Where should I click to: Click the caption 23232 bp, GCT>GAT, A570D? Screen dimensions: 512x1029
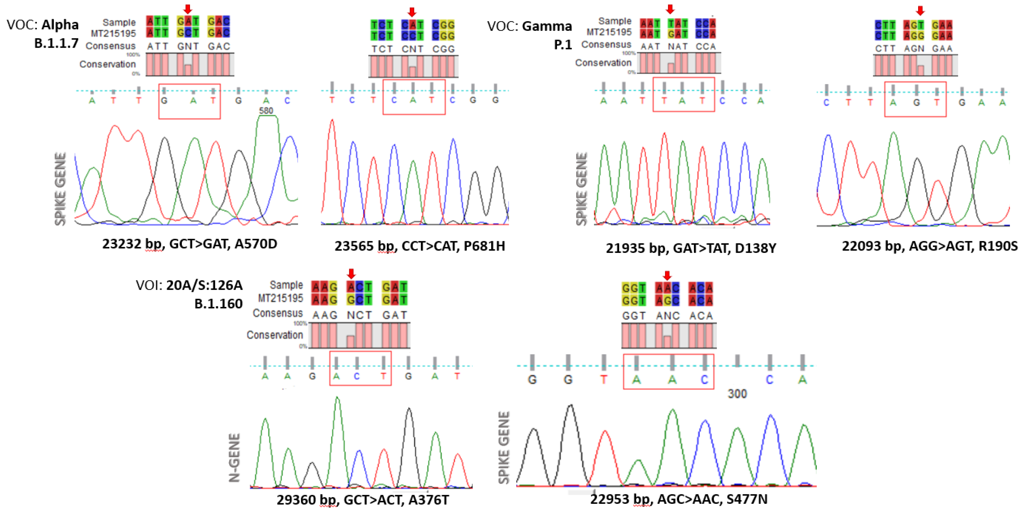pos(189,244)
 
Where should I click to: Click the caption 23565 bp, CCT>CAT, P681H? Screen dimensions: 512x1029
pos(419,246)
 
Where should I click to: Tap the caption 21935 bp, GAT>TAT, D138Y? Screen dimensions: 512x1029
pos(691,248)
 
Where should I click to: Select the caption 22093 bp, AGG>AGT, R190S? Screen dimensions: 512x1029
pos(929,246)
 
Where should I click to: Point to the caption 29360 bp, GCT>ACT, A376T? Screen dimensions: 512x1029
pos(363,500)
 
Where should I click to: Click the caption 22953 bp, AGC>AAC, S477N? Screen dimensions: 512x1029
pos(679,499)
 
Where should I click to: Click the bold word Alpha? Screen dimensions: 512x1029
pos(60,25)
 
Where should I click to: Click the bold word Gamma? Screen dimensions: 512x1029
pos(547,26)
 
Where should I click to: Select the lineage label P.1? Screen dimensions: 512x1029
pos(563,45)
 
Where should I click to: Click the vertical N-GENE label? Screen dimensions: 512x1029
pos(235,458)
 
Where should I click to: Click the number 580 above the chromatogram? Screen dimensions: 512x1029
pos(266,111)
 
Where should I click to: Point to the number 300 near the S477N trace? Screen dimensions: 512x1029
pos(737,394)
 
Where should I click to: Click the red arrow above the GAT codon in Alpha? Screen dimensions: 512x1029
pos(188,9)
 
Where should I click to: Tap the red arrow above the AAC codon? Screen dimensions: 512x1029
pos(667,275)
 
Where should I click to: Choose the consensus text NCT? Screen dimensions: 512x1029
pos(359,315)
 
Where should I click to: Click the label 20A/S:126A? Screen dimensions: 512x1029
pos(204,285)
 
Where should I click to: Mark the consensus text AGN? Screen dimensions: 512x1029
pos(914,49)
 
